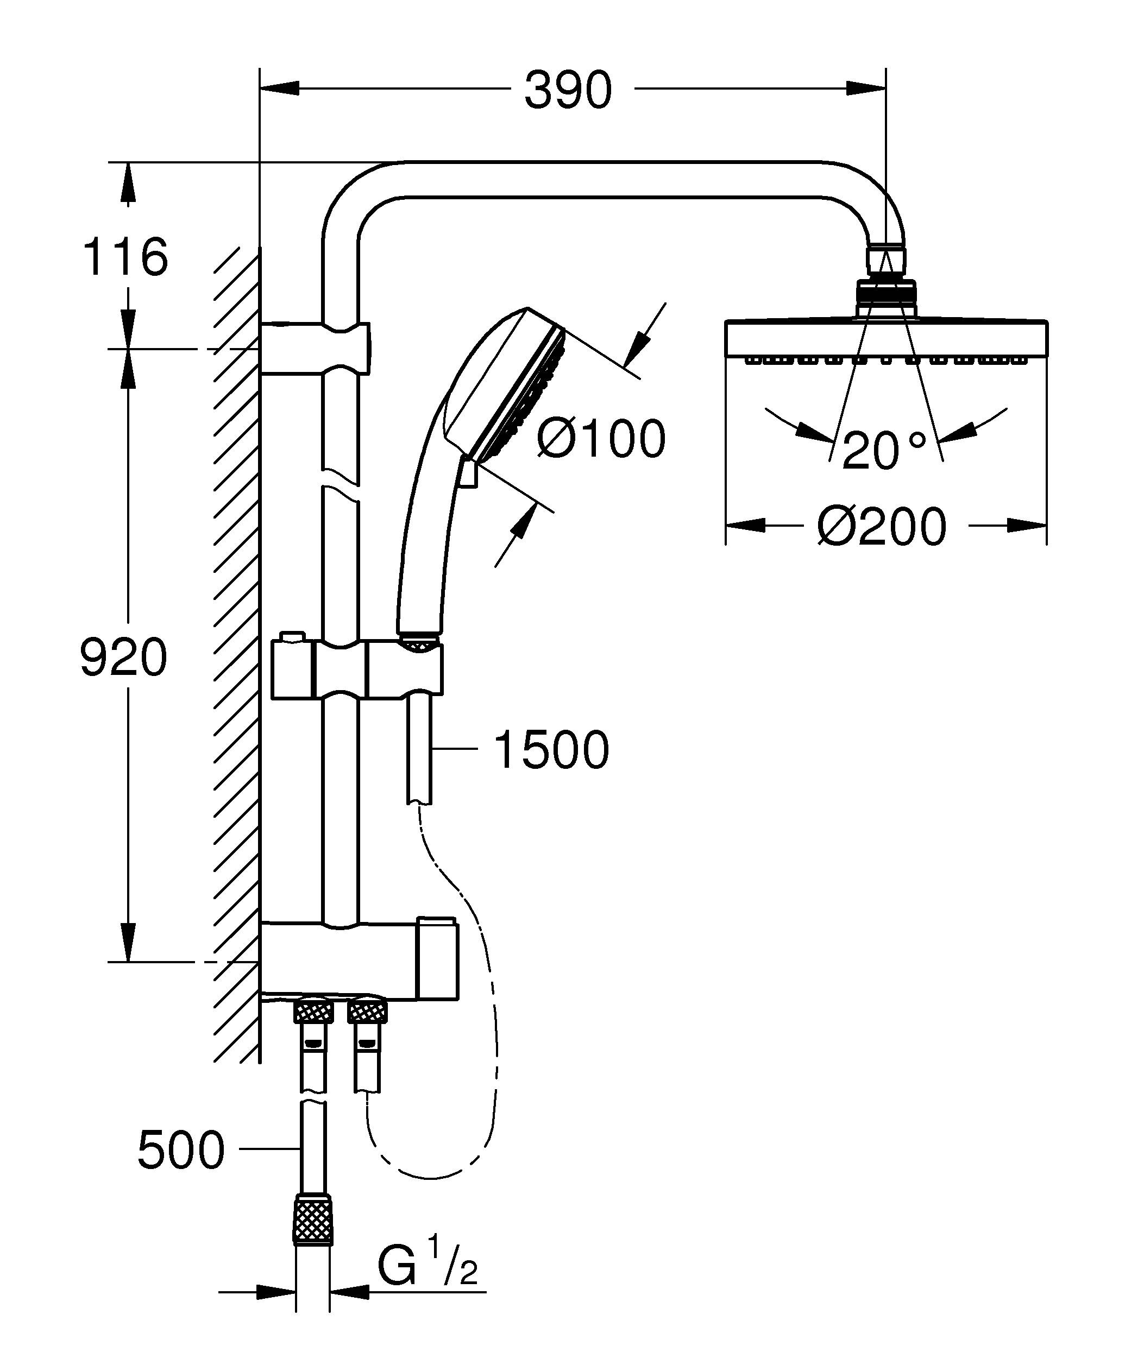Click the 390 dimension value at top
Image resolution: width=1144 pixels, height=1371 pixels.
click(x=568, y=90)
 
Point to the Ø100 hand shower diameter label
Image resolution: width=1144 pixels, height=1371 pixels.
click(x=600, y=438)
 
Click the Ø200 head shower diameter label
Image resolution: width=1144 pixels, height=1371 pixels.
click(x=881, y=526)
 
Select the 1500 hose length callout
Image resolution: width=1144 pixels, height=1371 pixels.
click(x=552, y=750)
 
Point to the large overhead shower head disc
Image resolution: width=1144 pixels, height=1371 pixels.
click(x=886, y=339)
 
